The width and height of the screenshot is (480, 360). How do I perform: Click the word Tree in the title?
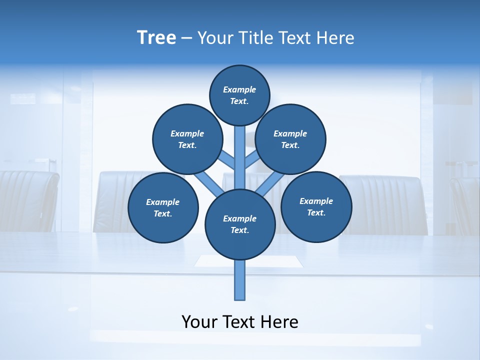pyautogui.click(x=156, y=38)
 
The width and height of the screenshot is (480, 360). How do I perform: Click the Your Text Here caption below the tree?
pyautogui.click(x=240, y=322)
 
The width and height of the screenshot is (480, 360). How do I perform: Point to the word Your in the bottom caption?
pyautogui.click(x=198, y=322)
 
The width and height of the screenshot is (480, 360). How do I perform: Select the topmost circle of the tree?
pyautogui.click(x=239, y=95)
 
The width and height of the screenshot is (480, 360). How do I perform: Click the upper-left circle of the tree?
pyautogui.click(x=187, y=139)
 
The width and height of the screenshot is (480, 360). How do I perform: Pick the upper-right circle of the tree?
pyautogui.click(x=290, y=139)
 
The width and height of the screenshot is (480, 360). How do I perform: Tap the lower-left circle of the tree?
pyautogui.click(x=163, y=208)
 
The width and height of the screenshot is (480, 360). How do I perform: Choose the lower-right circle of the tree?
pyautogui.click(x=316, y=206)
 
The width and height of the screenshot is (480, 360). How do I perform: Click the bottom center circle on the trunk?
pyautogui.click(x=240, y=224)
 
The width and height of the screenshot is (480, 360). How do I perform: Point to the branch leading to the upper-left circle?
pyautogui.click(x=228, y=160)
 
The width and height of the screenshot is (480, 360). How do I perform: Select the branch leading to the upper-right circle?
pyautogui.click(x=252, y=160)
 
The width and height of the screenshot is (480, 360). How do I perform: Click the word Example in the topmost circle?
pyautogui.click(x=239, y=89)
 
